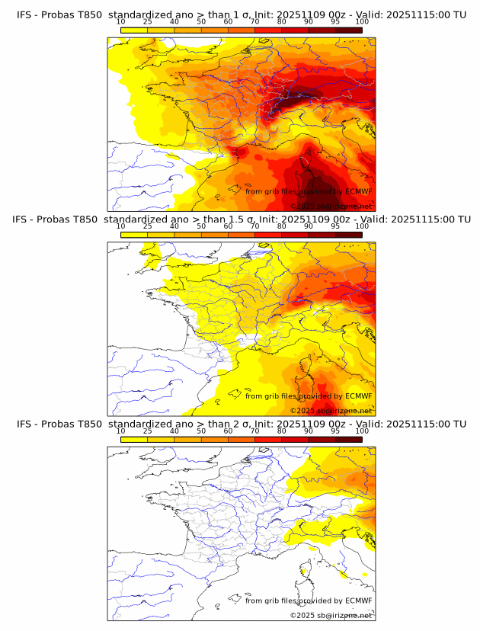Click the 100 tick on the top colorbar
tap(362, 21)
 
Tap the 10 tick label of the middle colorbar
tap(120, 226)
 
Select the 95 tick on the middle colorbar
tap(335, 226)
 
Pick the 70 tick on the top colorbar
tap(254, 21)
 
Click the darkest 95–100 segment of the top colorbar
tap(348, 29)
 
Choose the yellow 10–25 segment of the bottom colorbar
tap(133, 440)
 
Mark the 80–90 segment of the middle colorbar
tap(295, 234)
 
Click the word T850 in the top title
tap(88, 14)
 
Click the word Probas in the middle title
tap(56, 219)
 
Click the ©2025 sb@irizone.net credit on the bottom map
tap(331, 615)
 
